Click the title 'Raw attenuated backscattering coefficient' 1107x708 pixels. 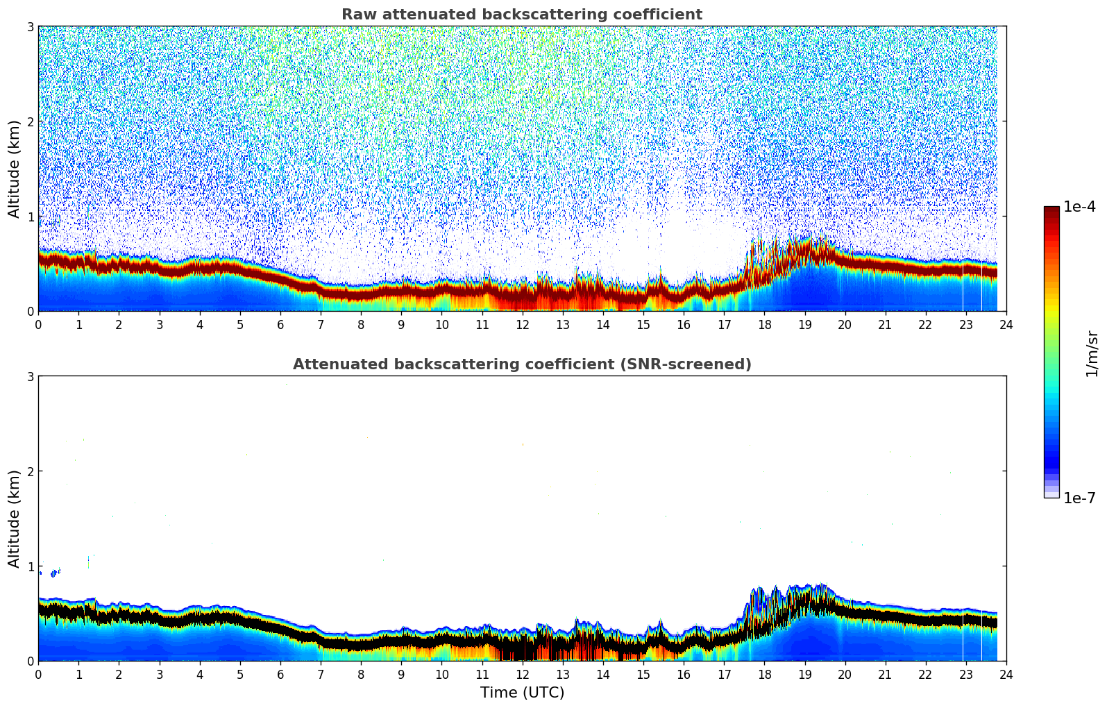point(521,15)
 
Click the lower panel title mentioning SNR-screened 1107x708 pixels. point(521,364)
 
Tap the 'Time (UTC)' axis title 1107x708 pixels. point(522,693)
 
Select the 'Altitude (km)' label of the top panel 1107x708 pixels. point(14,169)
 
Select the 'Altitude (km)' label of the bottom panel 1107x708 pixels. point(14,519)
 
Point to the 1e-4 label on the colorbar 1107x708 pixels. point(1079,207)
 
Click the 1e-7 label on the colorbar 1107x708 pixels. point(1079,498)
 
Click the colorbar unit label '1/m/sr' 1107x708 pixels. point(1092,353)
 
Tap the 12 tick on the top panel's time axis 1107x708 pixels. point(522,325)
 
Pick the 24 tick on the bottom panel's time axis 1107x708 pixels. point(1006,675)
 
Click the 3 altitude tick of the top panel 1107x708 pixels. point(31,26)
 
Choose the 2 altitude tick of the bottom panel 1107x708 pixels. point(31,471)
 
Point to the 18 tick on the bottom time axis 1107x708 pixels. point(764,675)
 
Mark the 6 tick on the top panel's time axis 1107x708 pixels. point(280,325)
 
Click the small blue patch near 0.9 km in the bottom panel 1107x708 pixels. point(54,573)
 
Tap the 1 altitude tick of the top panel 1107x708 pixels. point(31,217)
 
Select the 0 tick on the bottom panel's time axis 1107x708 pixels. point(38,675)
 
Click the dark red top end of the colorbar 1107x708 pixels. point(1051,210)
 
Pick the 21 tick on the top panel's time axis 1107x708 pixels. point(885,325)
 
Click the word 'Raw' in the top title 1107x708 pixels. point(356,15)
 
